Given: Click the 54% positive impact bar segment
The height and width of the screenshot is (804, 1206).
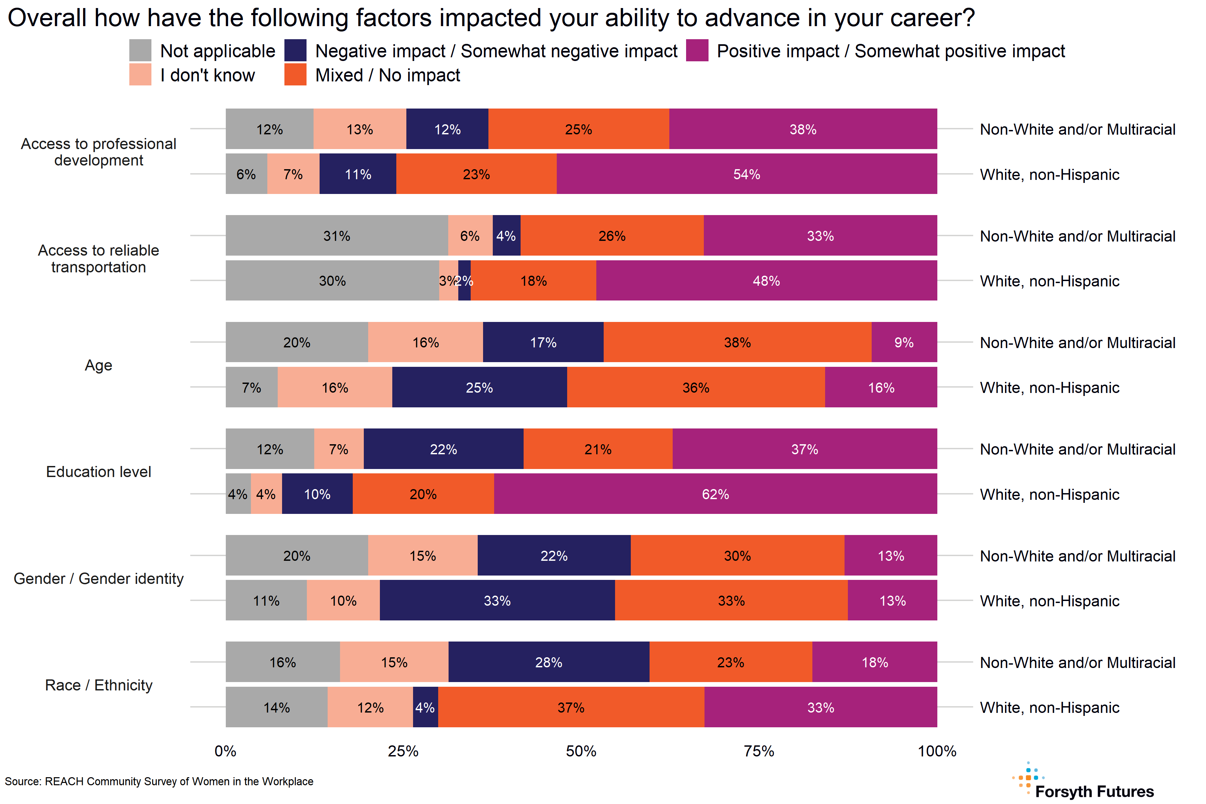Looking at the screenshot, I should point(747,174).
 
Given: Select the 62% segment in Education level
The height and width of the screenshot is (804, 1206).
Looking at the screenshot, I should point(715,494).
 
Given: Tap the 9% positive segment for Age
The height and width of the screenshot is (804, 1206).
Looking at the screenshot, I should point(904,342).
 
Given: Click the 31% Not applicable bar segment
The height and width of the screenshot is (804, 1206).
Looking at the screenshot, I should point(336,236).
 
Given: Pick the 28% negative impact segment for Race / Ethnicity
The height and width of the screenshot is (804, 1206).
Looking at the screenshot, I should point(549,662).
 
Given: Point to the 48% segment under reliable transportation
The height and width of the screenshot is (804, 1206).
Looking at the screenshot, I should point(766,280).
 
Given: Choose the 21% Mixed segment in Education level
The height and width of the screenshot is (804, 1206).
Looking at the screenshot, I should point(598,449).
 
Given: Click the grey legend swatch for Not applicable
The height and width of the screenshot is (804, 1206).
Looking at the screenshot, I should point(140,50).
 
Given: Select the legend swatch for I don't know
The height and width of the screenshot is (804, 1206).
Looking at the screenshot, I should point(140,74).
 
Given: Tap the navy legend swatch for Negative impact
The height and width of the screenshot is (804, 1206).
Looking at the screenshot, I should point(295,50).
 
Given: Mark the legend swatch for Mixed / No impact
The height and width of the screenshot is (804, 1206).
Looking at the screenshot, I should point(295,74).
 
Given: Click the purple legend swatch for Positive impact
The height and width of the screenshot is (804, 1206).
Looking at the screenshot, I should point(697,50).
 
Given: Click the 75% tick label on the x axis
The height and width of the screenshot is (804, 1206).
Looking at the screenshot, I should point(759,751).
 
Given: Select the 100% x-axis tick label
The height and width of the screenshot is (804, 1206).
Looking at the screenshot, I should point(937,751).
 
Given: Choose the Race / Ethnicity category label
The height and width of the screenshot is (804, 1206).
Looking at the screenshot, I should point(98,685).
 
